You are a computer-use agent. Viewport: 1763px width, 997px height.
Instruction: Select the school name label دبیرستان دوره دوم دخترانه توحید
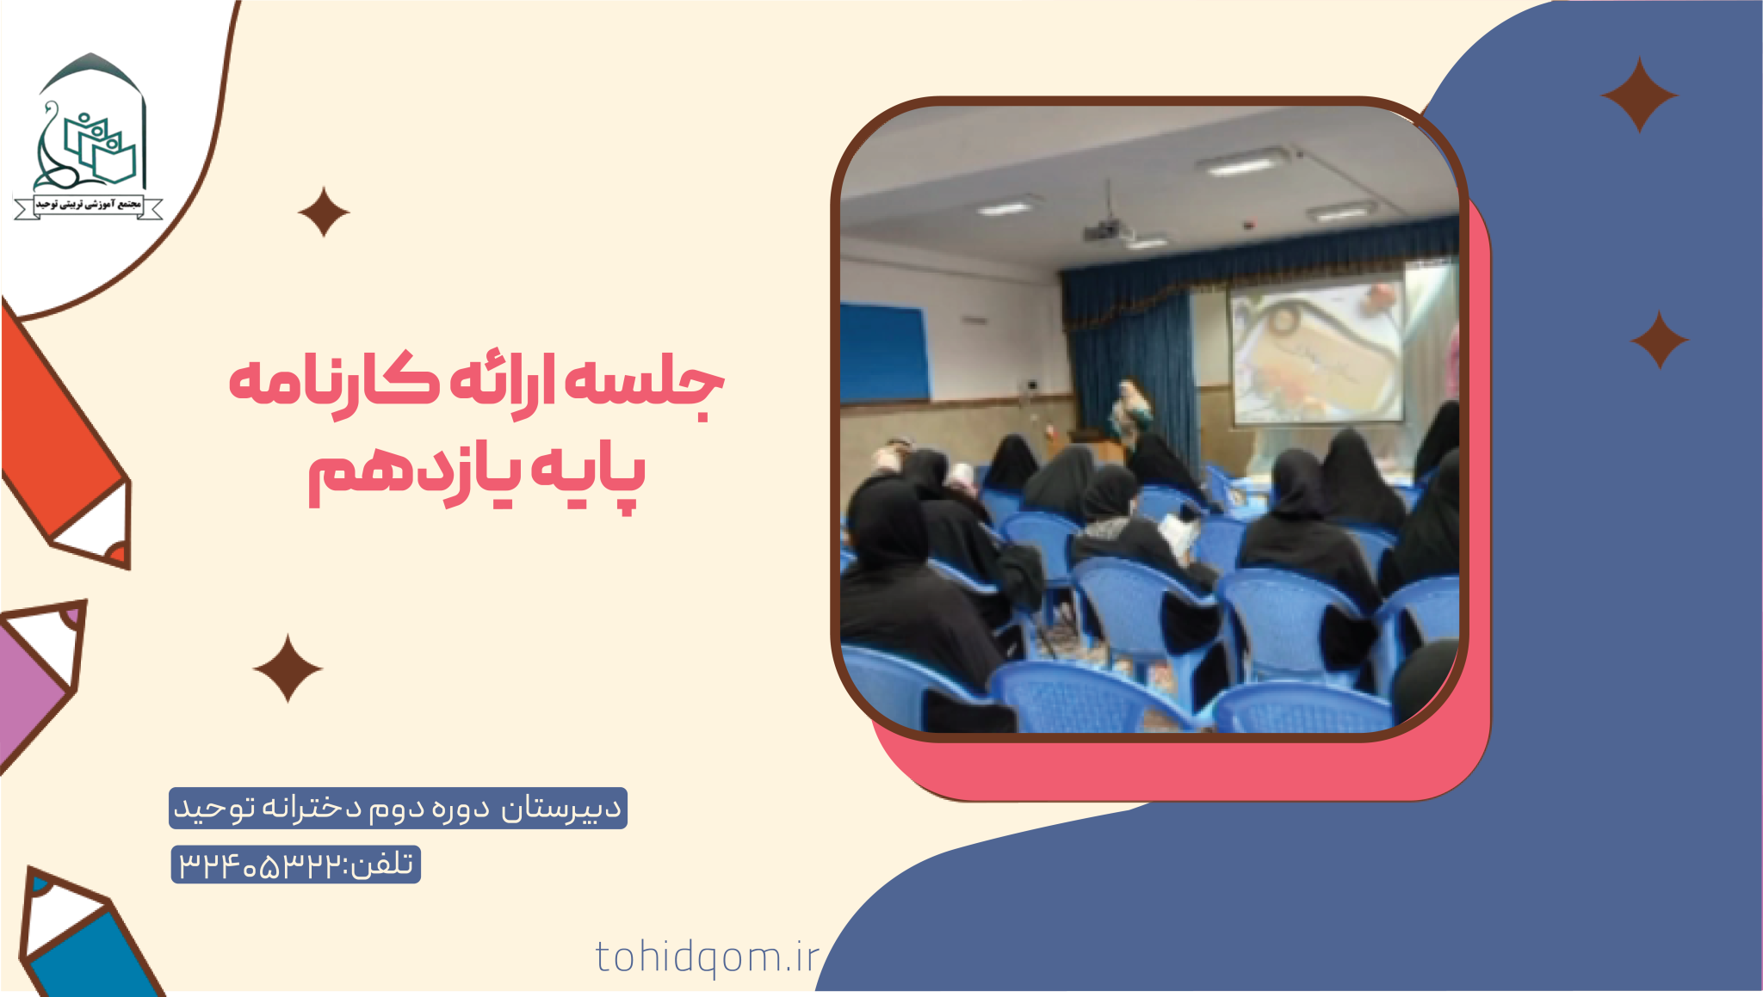click(398, 809)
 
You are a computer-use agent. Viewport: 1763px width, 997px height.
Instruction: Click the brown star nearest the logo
click(324, 212)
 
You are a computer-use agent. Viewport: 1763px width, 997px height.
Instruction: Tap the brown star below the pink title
click(288, 668)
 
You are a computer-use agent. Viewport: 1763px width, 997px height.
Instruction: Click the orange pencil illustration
click(65, 439)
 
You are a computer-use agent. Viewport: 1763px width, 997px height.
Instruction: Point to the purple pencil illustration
click(39, 680)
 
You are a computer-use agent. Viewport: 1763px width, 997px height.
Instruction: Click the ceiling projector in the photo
click(1104, 230)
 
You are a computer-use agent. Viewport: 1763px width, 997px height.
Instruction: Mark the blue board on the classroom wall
click(884, 353)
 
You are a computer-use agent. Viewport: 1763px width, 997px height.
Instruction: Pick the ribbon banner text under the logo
click(88, 205)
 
